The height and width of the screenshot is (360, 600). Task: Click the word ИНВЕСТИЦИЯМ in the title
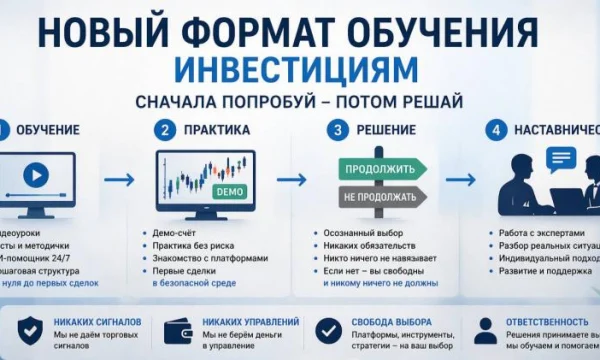[299, 69]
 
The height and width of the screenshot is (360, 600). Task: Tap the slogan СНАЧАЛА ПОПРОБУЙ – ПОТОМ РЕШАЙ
[299, 102]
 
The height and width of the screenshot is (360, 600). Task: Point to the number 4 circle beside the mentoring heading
[494, 131]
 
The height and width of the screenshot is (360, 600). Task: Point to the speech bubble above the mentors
[562, 157]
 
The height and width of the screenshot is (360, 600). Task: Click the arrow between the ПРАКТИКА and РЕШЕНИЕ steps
[291, 180]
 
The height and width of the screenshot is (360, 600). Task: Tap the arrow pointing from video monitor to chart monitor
[119, 180]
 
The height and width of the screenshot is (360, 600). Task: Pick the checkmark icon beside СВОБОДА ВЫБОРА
[327, 331]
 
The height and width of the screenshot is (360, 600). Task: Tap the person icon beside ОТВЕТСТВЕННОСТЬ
[485, 331]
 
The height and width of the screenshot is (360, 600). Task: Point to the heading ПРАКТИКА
[215, 131]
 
